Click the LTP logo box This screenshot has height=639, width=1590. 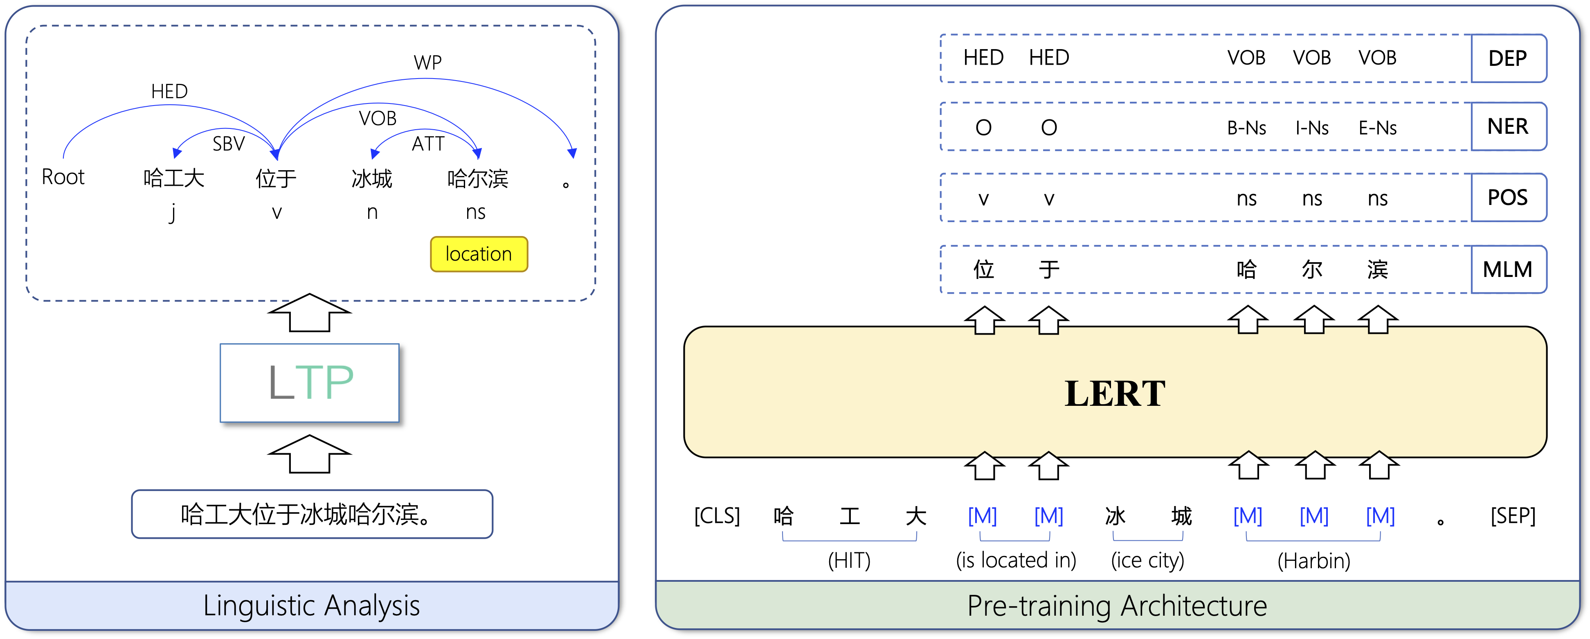coord(310,383)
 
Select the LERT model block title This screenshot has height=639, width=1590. coord(1115,393)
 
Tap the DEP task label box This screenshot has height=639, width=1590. coord(1507,58)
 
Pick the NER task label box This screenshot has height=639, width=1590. coord(1507,126)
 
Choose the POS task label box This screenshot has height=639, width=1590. coord(1507,198)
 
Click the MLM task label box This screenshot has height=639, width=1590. coord(1507,269)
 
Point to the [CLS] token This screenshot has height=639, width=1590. coord(717,515)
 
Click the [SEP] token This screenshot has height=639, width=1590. coord(1513,515)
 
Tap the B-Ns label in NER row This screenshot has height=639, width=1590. coord(1246,128)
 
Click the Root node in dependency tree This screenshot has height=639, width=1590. coord(63,177)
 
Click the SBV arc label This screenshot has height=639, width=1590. coord(228,144)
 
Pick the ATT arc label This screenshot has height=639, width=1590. coord(428,144)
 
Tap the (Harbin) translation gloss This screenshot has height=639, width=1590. coord(1313,560)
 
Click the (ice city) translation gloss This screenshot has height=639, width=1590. coord(1147,560)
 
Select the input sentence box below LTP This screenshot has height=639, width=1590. coord(312,514)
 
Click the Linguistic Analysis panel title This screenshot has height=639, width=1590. coord(312,606)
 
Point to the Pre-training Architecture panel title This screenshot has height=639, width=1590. coord(1117,606)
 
